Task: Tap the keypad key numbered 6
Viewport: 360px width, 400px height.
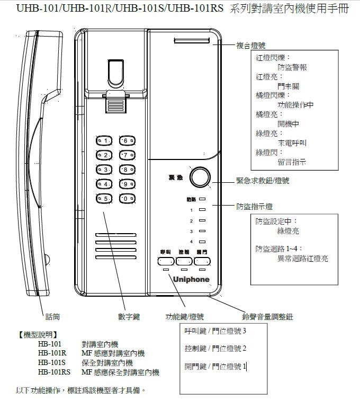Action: point(126,141)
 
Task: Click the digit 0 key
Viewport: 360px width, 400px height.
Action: point(126,199)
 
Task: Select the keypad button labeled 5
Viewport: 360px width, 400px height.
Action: point(104,199)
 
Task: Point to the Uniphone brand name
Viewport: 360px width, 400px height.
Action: point(191,279)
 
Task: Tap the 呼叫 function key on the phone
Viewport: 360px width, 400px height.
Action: point(166,261)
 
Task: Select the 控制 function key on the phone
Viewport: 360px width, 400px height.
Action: point(184,261)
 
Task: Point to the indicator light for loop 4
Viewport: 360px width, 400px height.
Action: point(202,242)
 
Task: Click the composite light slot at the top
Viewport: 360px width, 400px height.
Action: point(191,41)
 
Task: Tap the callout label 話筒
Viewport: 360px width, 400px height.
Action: point(52,316)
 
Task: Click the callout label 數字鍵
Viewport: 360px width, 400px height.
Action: point(129,316)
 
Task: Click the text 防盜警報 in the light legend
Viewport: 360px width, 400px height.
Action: point(292,67)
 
